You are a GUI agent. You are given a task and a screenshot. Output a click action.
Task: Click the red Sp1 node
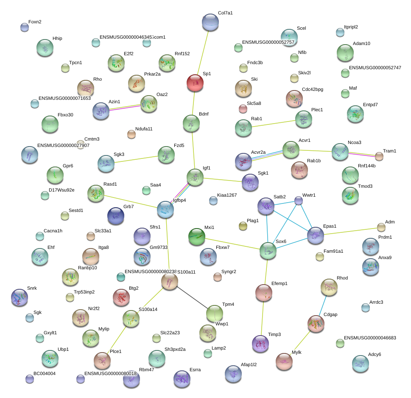coord(195,82)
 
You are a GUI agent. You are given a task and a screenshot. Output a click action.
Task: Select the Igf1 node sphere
coord(195,177)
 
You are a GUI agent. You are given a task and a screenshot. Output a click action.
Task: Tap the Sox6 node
coord(268,251)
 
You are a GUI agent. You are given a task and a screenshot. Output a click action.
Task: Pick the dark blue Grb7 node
coord(116,216)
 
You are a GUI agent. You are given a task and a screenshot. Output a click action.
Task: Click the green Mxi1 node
coord(197,236)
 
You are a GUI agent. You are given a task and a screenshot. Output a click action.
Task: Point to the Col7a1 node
coord(210,22)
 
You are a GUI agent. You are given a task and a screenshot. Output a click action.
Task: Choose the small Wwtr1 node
coord(299,201)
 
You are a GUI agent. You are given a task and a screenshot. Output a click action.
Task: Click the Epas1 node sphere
coord(315,235)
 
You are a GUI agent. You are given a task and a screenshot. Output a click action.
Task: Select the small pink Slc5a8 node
coord(243,109)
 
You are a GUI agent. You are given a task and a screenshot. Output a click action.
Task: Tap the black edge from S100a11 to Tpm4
coord(192,297)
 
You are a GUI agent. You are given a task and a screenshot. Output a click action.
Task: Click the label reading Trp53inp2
coord(84,292)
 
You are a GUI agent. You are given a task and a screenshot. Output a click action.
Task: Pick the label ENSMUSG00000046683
coord(370,338)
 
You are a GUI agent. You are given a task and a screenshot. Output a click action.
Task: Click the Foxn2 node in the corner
coord(25,28)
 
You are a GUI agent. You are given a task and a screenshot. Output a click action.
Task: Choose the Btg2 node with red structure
coord(121,297)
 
